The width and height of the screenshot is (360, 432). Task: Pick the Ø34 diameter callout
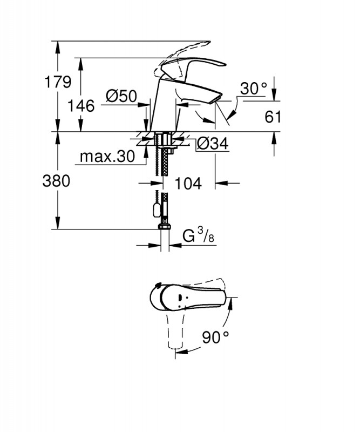(x=212, y=144)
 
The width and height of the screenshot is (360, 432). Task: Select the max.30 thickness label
(x=106, y=157)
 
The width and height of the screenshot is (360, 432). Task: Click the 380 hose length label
(x=56, y=181)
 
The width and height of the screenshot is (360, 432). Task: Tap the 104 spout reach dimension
(x=188, y=184)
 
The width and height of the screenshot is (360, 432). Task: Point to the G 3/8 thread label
(x=198, y=236)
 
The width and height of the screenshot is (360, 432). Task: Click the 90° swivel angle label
(x=215, y=337)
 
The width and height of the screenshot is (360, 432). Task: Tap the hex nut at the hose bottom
(x=164, y=225)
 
